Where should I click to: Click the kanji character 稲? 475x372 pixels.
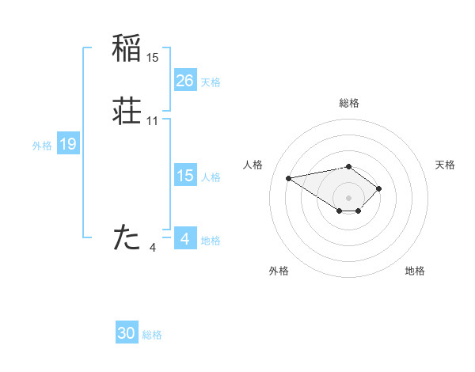coord(127,49)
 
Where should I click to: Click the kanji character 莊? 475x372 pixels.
coord(127,112)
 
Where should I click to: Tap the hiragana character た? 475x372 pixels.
coord(127,237)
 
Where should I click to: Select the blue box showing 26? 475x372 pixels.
coord(184,81)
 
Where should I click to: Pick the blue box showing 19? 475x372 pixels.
coord(67,144)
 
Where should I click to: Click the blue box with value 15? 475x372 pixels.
coord(184,176)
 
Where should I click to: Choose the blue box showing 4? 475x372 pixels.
coord(184,238)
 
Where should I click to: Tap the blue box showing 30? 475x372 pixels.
coord(127,333)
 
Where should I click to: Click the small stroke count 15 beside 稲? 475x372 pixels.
coord(153,58)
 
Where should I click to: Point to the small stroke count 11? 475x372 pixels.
coord(153,121)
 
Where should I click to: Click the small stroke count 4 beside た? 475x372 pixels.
coord(153,248)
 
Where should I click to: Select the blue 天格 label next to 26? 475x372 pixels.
coord(211,82)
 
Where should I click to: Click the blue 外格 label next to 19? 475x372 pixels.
coord(41,145)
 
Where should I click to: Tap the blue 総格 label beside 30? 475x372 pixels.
coord(152,335)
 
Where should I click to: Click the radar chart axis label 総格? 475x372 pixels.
coord(348,103)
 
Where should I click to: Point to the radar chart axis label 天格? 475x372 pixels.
coord(445,165)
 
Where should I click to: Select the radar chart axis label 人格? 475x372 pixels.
coord(253,165)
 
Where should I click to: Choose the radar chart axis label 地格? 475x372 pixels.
coord(415,271)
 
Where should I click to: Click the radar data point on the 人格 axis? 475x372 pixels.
coord(289,177)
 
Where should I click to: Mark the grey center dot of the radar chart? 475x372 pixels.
coord(348,197)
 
